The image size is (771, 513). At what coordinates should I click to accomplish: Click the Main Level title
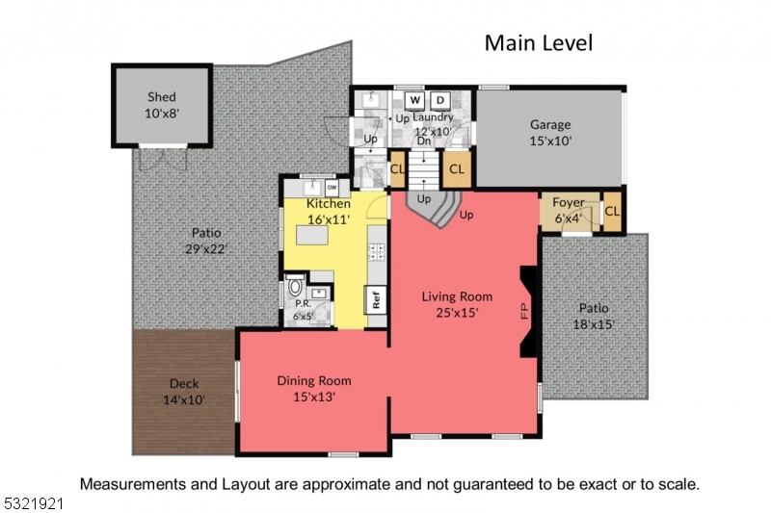coord(538,42)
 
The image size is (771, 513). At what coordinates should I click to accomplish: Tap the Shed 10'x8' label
coord(162,105)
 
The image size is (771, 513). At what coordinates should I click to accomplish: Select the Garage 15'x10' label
coord(550,132)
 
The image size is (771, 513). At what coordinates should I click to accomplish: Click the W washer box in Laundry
coord(414,100)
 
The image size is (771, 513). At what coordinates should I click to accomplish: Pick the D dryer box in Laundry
coord(439,100)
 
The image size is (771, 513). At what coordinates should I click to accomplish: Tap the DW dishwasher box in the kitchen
coord(332,187)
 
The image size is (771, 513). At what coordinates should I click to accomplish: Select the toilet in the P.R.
coord(295,290)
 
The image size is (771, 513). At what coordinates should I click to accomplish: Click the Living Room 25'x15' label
coord(457,304)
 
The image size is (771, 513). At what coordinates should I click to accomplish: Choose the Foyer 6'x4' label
coord(569,211)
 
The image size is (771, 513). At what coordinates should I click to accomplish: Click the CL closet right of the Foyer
coord(611,212)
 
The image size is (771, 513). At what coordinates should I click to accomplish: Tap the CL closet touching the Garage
coord(456,168)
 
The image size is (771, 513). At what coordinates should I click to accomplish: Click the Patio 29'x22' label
coord(206,241)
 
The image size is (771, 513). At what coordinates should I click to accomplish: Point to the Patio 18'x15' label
coord(594,316)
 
